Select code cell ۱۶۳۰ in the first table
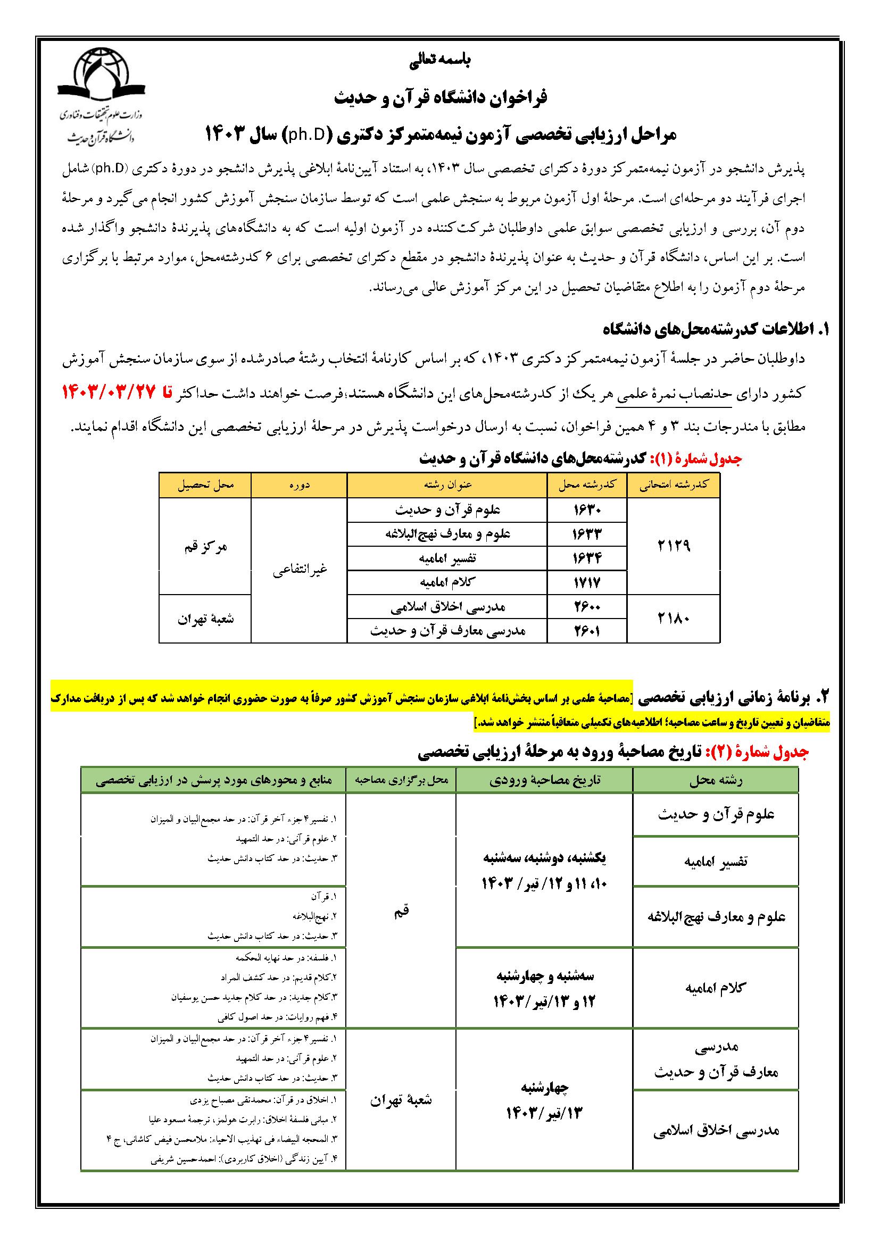click(x=587, y=510)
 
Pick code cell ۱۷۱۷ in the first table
click(x=587, y=583)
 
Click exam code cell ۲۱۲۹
click(x=674, y=546)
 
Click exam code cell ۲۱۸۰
click(x=674, y=619)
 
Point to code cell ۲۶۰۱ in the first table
click(x=587, y=631)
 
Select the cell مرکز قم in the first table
click(x=205, y=546)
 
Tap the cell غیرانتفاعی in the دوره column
click(x=299, y=570)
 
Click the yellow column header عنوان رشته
click(x=447, y=485)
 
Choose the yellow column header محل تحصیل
click(x=205, y=485)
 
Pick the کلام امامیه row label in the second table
click(x=715, y=987)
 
